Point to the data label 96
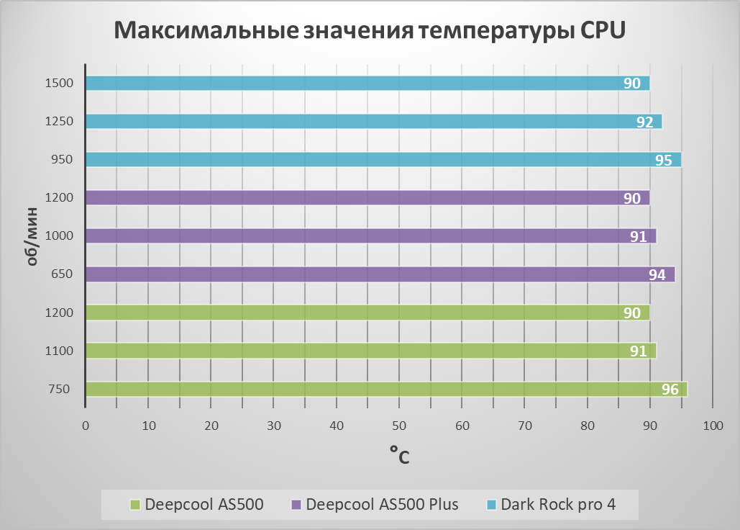pos(670,390)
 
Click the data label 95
pos(664,160)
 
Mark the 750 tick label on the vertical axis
pos(60,390)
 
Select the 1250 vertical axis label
pos(58,121)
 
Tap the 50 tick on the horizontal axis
pos(399,426)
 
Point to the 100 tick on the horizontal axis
pos(713,426)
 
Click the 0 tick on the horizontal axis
pos(86,426)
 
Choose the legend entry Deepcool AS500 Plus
pos(382,504)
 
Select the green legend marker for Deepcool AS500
pos(134,504)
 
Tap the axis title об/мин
pos(32,236)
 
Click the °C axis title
pos(399,454)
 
